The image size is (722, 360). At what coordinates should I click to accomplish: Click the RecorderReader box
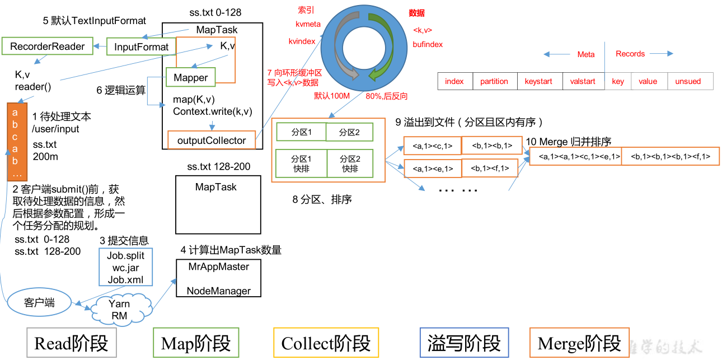click(x=48, y=46)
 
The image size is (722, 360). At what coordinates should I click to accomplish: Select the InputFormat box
click(x=141, y=47)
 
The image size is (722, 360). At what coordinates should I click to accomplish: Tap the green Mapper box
click(x=190, y=78)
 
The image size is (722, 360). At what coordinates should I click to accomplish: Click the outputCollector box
click(x=212, y=141)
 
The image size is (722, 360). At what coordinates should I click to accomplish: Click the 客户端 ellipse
click(x=39, y=303)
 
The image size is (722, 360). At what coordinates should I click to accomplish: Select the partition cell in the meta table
click(x=494, y=81)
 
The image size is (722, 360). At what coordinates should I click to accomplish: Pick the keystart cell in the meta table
click(x=538, y=81)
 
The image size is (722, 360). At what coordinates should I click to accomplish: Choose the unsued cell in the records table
click(x=688, y=81)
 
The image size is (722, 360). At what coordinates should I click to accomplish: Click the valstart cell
click(x=583, y=81)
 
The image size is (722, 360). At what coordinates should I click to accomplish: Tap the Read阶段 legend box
click(x=71, y=343)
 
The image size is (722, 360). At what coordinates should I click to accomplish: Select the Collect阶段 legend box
click(x=326, y=343)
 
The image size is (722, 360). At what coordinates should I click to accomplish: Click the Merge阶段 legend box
click(x=579, y=343)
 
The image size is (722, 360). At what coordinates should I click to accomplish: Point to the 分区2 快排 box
click(x=350, y=163)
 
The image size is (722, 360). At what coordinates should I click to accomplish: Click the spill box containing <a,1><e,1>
click(x=432, y=168)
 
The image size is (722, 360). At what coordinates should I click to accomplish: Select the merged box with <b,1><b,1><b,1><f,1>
click(x=670, y=157)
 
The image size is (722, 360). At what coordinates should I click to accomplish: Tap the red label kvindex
click(x=302, y=41)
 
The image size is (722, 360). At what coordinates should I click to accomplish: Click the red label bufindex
click(x=428, y=44)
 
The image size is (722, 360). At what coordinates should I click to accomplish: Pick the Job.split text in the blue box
click(x=125, y=256)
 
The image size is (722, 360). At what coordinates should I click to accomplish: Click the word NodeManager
click(x=218, y=291)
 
